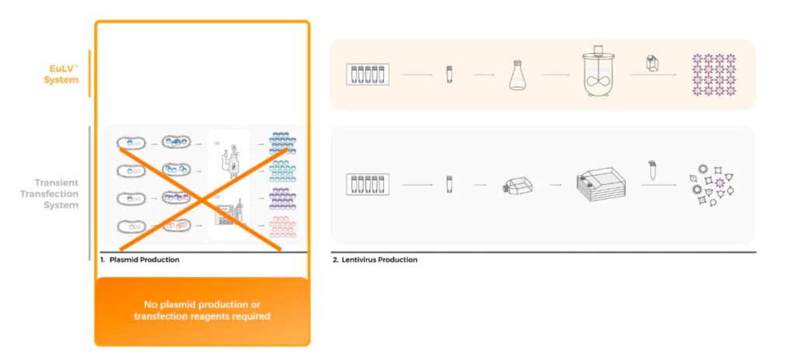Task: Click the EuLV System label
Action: pos(59,73)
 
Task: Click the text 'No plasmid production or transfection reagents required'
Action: pos(201,310)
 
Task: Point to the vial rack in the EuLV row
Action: pos(367,75)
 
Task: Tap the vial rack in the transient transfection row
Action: pos(367,184)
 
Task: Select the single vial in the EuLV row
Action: pos(449,75)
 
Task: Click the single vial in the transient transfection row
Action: pos(449,184)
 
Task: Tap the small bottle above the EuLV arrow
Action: pos(654,61)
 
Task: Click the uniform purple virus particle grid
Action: pos(714,75)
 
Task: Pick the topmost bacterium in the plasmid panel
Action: pos(130,142)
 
